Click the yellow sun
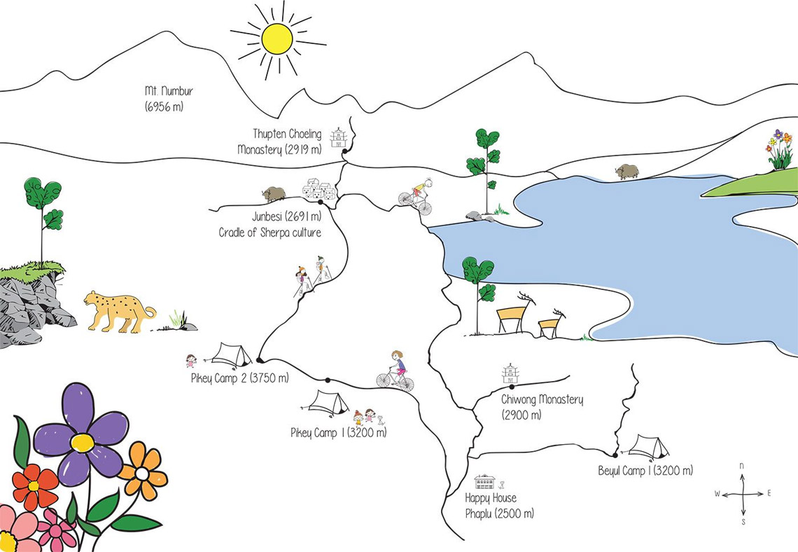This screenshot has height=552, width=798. (x=277, y=39)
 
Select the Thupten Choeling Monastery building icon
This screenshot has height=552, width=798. (x=339, y=137)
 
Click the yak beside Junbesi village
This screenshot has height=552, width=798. (x=274, y=194)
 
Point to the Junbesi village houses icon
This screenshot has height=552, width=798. (x=319, y=190)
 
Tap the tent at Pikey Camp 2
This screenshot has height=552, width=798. (x=232, y=354)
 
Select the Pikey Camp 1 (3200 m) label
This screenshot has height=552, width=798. (x=338, y=433)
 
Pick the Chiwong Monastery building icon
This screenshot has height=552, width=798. (x=511, y=373)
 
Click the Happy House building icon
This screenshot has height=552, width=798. (x=484, y=482)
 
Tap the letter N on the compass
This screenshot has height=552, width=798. (x=742, y=466)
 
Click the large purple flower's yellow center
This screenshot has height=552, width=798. (x=82, y=443)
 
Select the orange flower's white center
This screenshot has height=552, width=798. (x=141, y=474)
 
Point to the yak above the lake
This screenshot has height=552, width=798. (x=626, y=172)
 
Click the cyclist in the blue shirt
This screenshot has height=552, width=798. (x=396, y=371)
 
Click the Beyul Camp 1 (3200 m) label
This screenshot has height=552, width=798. (x=645, y=471)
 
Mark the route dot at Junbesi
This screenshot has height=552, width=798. (x=320, y=202)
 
